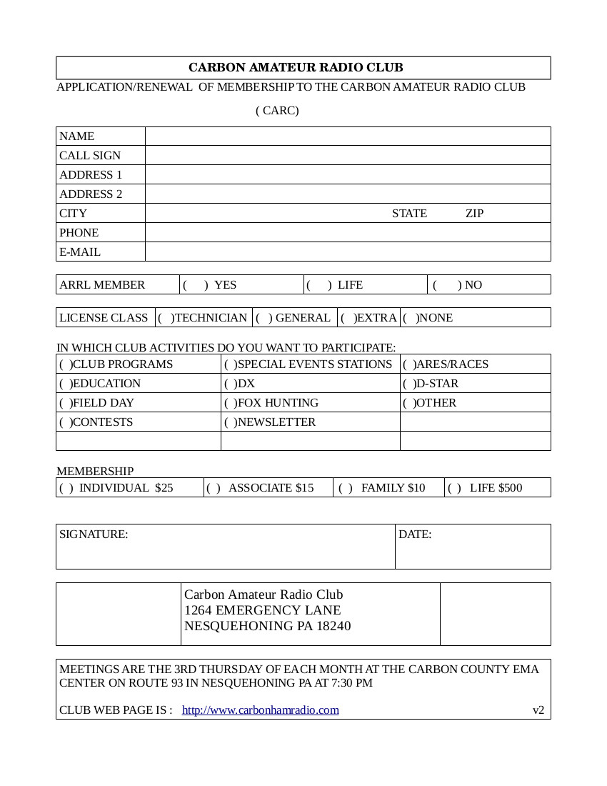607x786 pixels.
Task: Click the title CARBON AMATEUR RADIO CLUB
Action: click(296, 67)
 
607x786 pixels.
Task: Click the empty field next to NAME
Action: click(348, 136)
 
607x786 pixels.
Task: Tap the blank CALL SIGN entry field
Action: click(348, 155)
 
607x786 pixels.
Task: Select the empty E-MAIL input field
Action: click(348, 252)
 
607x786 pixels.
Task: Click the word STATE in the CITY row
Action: click(409, 213)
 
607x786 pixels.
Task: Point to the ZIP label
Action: click(474, 213)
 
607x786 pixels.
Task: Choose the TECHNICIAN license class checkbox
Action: click(166, 317)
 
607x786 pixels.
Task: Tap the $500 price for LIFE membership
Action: click(510, 487)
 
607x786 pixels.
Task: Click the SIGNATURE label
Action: click(94, 534)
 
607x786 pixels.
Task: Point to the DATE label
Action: click(415, 534)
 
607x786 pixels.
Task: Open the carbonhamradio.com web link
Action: click(260, 710)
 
